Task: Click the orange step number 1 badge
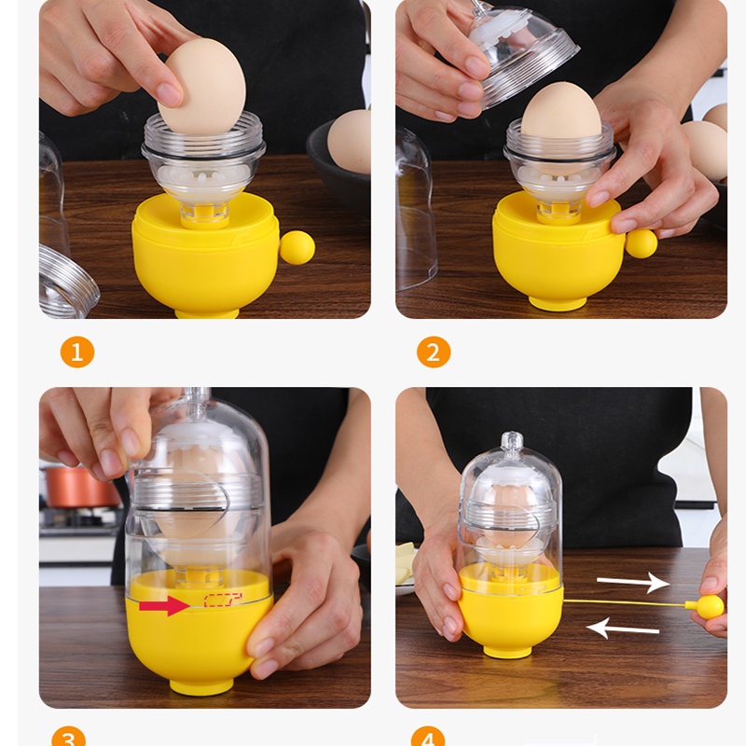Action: click(x=77, y=352)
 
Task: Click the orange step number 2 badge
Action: click(x=434, y=352)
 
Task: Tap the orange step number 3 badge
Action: click(x=69, y=737)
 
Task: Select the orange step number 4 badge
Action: click(x=428, y=737)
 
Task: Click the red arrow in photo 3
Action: click(x=165, y=605)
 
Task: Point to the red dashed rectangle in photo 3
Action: click(x=223, y=600)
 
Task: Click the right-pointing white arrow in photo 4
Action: click(x=633, y=582)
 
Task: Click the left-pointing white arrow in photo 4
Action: click(x=623, y=628)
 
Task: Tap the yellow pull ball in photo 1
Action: click(x=297, y=247)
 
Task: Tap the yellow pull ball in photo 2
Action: click(x=641, y=243)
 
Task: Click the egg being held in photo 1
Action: click(x=201, y=87)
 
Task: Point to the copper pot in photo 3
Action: click(x=81, y=486)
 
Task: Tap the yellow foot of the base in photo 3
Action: click(x=201, y=687)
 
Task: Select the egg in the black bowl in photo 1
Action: click(x=349, y=142)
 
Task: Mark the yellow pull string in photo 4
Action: click(x=624, y=602)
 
